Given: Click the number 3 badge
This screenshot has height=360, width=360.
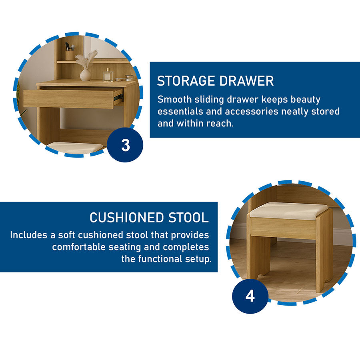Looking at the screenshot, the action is (x=125, y=145).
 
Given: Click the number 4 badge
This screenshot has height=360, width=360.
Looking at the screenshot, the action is (x=250, y=296).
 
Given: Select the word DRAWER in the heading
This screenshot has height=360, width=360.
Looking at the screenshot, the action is (x=246, y=81).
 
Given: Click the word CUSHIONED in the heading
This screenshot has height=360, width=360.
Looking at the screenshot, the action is (x=127, y=218).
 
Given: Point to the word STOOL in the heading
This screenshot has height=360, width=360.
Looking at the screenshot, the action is (x=188, y=218).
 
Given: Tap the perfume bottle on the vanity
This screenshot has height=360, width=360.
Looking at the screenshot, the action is (x=108, y=75).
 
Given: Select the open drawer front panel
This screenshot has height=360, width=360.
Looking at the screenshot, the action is (x=69, y=99).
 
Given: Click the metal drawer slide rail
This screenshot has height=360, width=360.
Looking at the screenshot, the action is (x=118, y=98).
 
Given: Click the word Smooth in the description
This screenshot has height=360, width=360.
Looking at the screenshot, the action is (x=175, y=100).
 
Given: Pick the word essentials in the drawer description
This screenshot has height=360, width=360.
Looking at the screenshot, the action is (x=180, y=111).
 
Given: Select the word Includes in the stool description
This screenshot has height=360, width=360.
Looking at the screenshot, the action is (x=29, y=235).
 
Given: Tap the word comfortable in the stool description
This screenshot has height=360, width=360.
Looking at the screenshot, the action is (x=79, y=247).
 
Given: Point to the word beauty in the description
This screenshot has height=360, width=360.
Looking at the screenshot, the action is (x=305, y=100).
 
